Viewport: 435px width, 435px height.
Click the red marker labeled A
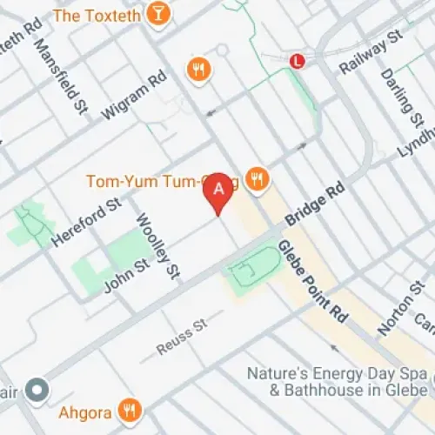click(x=219, y=188)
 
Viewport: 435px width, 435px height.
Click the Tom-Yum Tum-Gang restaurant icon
click(x=256, y=179)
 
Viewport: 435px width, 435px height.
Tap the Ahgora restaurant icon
click(x=130, y=409)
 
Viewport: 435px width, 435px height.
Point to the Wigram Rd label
click(x=133, y=96)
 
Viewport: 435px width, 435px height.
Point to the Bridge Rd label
click(x=313, y=209)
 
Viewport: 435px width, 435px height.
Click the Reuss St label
click(x=181, y=336)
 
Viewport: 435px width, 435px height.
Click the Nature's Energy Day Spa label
click(x=338, y=382)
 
